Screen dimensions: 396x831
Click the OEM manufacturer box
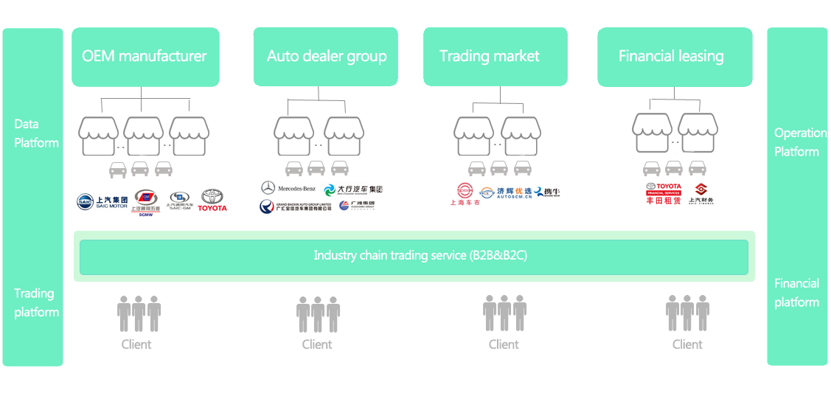(145, 57)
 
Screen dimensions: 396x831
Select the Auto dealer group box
(325, 57)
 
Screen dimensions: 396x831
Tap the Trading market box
(495, 57)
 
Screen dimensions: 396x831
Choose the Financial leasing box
(674, 57)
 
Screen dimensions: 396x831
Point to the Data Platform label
(36, 133)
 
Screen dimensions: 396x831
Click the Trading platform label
(36, 302)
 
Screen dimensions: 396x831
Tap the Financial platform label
(796, 293)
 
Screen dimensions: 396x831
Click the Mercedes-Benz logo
(287, 188)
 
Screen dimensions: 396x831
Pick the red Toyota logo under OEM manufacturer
(212, 200)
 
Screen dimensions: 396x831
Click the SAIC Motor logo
(103, 201)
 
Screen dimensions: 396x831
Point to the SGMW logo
(145, 201)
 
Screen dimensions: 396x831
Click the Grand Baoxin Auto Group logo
(296, 207)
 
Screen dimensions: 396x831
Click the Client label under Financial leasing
(687, 344)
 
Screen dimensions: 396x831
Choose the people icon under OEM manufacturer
(139, 313)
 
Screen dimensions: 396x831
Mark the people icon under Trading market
(504, 313)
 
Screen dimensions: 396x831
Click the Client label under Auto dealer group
(317, 344)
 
